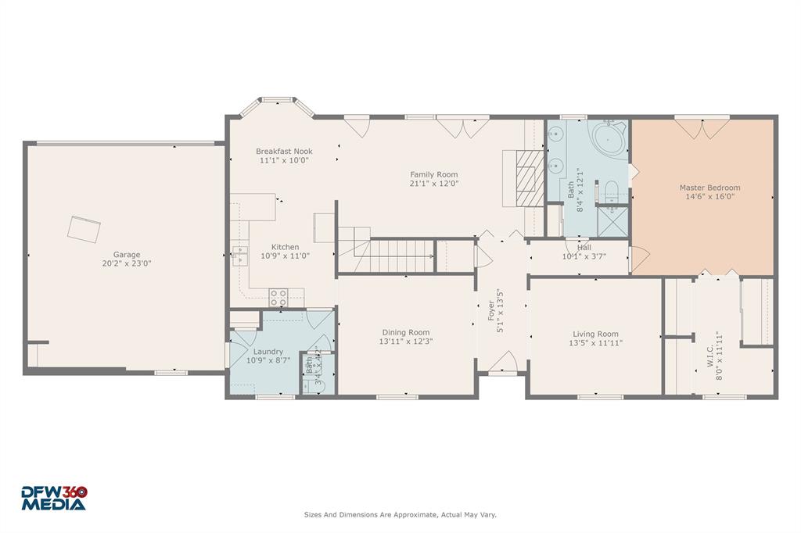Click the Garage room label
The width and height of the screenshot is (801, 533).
coord(127,254)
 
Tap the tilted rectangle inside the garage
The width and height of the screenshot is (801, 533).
coord(84,228)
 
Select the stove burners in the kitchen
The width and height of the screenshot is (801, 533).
coord(278,297)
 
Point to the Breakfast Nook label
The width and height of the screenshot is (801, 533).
coord(284,151)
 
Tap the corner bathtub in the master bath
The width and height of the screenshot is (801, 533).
coord(608,138)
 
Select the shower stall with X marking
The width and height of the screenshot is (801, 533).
coord(612,222)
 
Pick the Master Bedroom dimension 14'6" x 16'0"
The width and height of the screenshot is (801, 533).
coord(709,197)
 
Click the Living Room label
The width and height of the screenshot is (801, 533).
coord(596,334)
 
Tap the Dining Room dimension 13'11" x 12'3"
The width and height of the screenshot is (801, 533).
coord(405,342)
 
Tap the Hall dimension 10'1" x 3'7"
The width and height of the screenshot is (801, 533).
coord(584,256)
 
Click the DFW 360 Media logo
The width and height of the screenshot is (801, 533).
coord(54,498)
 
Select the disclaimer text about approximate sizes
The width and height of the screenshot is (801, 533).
coord(400,515)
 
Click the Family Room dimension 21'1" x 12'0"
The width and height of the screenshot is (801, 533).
coord(434,184)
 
